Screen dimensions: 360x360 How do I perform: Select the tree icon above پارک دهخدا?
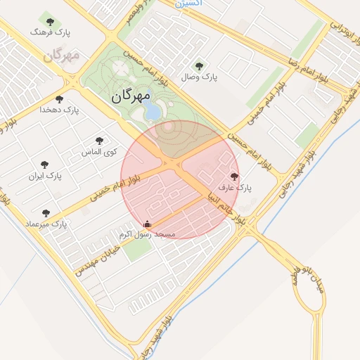point(59,99)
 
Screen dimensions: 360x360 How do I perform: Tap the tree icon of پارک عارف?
point(234,176)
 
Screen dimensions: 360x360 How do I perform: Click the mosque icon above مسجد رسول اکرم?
point(147,224)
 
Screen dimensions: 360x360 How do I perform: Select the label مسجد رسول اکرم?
point(147,234)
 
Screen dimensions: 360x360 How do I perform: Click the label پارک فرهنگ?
point(51,32)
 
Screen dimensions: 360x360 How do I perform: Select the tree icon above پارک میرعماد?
point(46,213)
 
